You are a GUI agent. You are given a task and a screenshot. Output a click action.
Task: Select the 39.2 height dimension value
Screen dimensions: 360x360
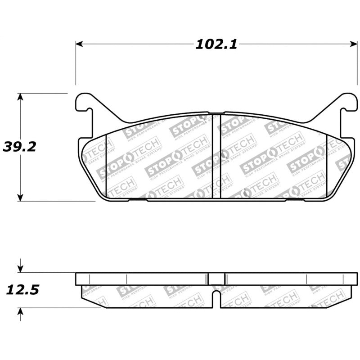[x=19, y=146]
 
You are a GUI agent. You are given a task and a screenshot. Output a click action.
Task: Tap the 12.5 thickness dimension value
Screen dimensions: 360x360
[x=22, y=289]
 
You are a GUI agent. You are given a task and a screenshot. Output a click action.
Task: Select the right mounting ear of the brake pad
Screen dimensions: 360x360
[x=348, y=103]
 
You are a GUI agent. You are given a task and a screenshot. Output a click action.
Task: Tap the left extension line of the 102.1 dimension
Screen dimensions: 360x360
[x=76, y=63]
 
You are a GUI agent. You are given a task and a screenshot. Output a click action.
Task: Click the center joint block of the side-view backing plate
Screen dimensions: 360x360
[x=216, y=279]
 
